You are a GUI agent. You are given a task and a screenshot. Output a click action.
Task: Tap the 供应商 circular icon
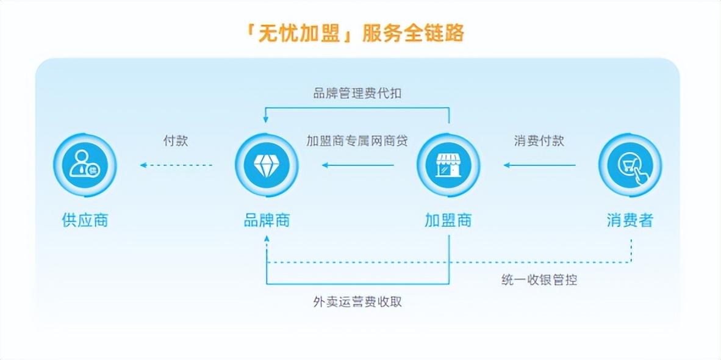coord(84,165)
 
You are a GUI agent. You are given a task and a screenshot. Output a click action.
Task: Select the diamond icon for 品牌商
coord(267,165)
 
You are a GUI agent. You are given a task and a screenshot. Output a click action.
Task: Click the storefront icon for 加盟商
coord(448,165)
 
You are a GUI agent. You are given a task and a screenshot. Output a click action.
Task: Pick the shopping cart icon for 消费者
coord(630,165)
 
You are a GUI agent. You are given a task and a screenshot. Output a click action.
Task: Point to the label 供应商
coord(85,220)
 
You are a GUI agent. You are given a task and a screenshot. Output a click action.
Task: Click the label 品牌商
coord(267,220)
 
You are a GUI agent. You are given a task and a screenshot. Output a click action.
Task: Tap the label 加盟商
coord(448,220)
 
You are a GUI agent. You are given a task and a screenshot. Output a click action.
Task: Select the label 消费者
coord(630,220)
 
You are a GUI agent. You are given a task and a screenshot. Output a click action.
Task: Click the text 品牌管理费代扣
coord(357,93)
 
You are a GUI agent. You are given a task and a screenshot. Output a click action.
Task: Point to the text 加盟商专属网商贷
coord(357,140)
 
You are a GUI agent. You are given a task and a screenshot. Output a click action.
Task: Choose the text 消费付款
coord(539,140)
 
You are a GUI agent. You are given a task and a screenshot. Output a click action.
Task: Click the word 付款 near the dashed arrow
coord(176,140)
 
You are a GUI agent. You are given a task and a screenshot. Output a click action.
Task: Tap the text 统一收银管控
coord(539,280)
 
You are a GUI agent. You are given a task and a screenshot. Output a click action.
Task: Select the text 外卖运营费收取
coord(357,302)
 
